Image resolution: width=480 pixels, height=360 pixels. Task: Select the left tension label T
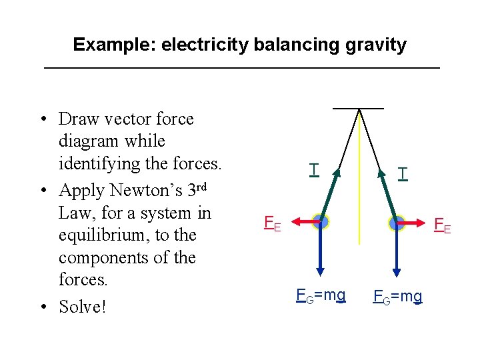pyautogui.click(x=313, y=169)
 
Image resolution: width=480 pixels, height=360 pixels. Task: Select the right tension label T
pyautogui.click(x=401, y=174)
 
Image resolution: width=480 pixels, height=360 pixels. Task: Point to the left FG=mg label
pyautogui.click(x=321, y=294)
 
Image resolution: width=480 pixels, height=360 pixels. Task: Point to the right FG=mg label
pyautogui.click(x=398, y=295)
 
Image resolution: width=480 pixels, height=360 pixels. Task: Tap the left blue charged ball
pyautogui.click(x=321, y=223)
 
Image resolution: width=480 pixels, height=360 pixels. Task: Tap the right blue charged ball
pyautogui.click(x=397, y=223)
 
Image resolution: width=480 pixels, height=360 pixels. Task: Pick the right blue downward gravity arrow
pyautogui.click(x=397, y=253)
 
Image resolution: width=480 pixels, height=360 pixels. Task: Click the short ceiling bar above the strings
pyautogui.click(x=359, y=107)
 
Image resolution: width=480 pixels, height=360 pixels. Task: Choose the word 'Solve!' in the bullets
pyautogui.click(x=83, y=306)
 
